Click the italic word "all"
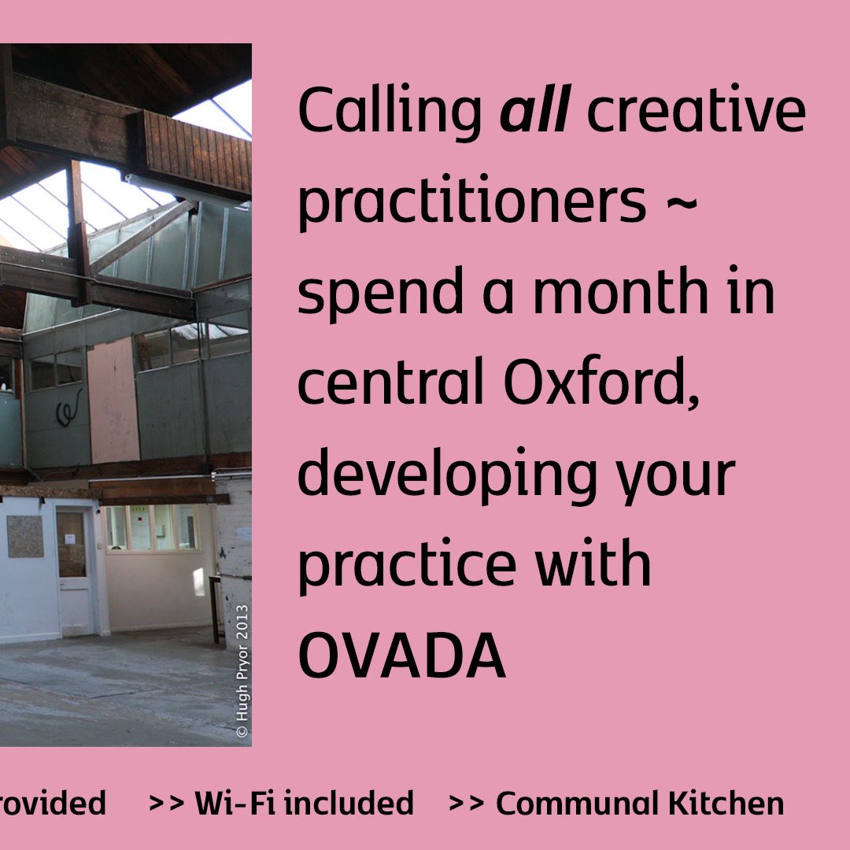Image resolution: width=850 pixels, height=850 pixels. click(534, 111)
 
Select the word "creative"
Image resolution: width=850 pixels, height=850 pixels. click(697, 111)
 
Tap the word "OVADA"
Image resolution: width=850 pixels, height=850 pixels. click(401, 657)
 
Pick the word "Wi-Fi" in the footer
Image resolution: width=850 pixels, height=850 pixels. click(235, 804)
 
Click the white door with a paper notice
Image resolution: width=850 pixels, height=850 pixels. click(75, 567)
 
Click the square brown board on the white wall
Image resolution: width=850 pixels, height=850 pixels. click(24, 536)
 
